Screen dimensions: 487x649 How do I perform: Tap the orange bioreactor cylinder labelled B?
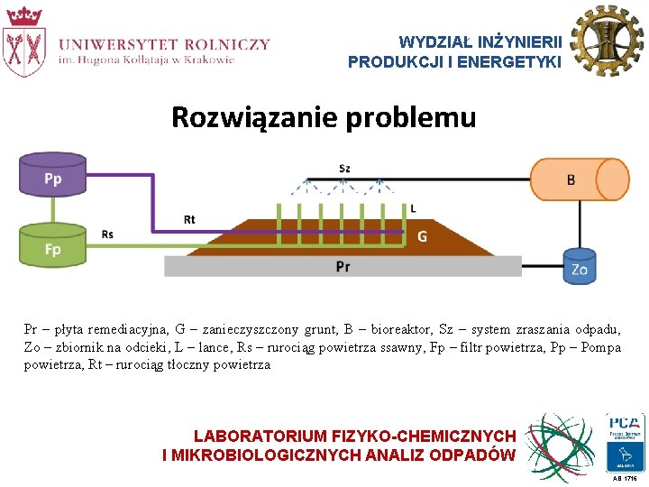(578, 180)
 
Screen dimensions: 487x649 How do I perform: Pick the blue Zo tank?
(580, 268)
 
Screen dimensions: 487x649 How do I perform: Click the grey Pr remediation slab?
(343, 266)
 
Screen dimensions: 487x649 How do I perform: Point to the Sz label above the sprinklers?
(344, 169)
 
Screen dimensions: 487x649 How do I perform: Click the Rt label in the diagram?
(189, 219)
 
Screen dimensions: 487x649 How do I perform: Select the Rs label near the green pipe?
(108, 234)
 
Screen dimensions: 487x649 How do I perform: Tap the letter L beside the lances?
(413, 208)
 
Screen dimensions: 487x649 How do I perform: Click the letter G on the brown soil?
(422, 237)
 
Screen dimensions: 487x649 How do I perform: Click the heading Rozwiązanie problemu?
(324, 117)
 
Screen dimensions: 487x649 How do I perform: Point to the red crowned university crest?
(24, 41)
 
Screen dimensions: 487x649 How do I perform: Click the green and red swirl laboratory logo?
(562, 446)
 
